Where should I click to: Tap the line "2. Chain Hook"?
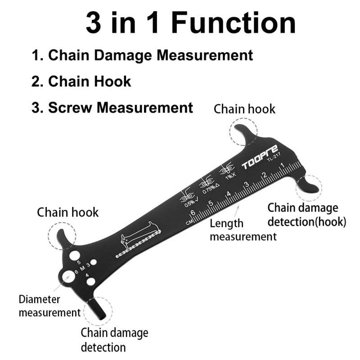coord(81,81)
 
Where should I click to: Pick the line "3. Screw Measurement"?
coord(112,108)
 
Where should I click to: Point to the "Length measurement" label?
coord(243,229)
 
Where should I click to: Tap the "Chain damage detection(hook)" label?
coord(306,215)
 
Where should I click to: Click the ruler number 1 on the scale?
coord(282,166)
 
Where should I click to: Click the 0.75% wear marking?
coord(207,186)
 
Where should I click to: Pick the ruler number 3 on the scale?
coord(247,184)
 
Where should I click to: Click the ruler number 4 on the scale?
coord(229,194)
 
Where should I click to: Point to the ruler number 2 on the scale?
coord(265,175)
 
